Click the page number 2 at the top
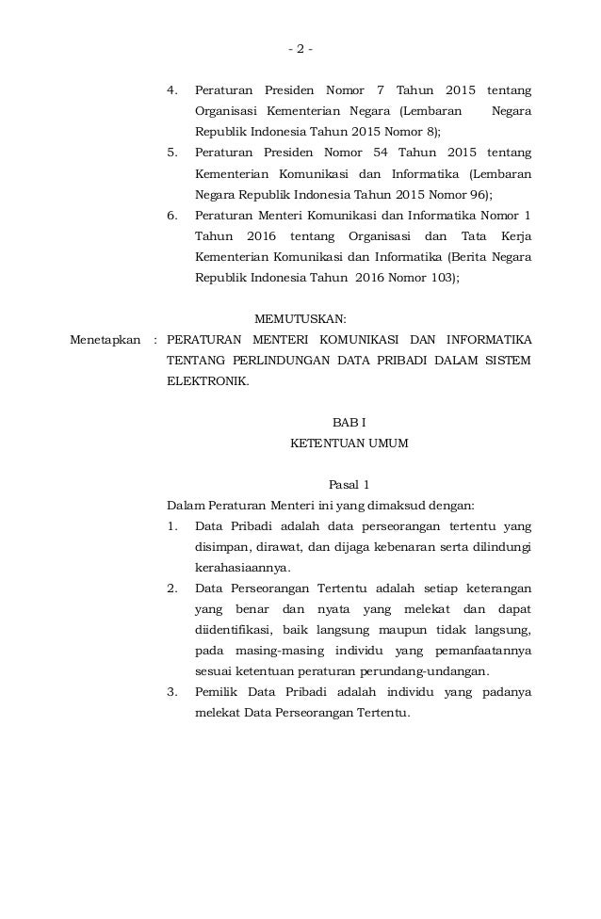tap(300, 49)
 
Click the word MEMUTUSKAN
tap(300, 318)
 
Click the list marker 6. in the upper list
tap(172, 216)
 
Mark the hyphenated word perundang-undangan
tap(431, 671)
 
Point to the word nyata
tap(327, 609)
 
